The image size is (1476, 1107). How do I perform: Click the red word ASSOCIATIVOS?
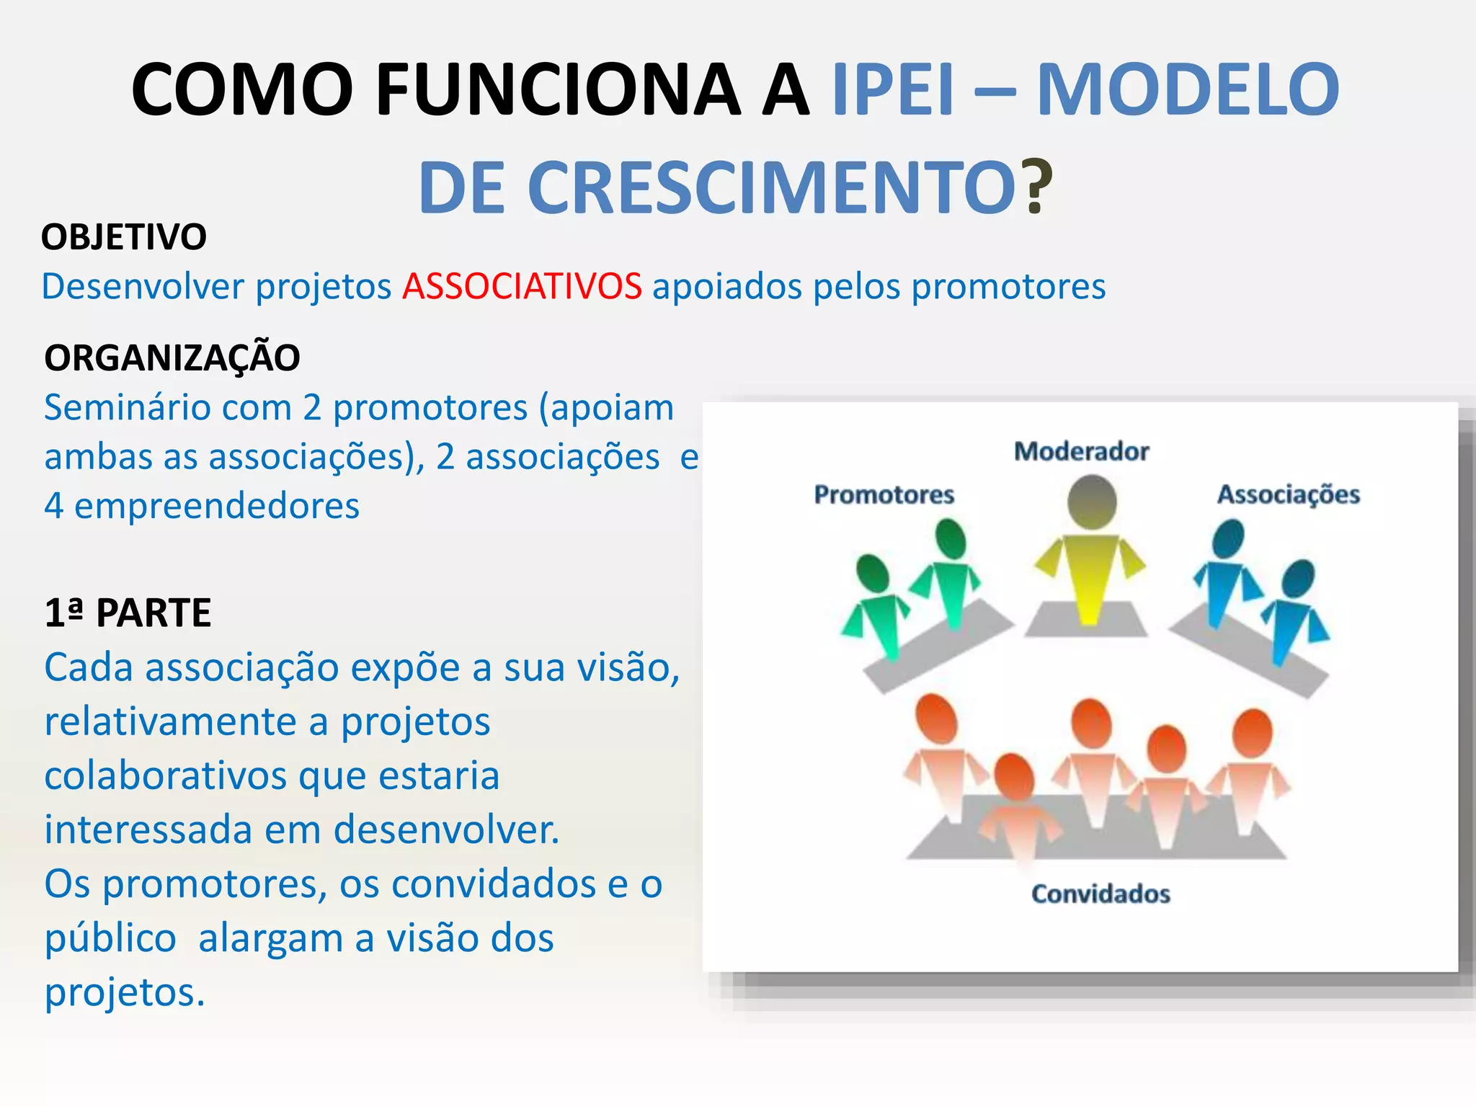coord(522,287)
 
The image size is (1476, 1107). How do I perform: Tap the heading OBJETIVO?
coord(124,237)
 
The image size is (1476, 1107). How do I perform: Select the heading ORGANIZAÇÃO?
coord(172,358)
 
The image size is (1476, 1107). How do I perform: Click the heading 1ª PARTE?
coord(128,613)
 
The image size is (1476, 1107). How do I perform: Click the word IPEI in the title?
coord(893,89)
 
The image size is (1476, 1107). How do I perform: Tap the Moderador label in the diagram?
coord(1081,452)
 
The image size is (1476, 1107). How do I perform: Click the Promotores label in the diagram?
coord(884,495)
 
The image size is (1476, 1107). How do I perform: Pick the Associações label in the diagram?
coord(1288,495)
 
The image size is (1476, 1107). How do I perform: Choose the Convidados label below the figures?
coord(1101,894)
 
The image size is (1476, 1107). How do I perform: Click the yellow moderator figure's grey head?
coord(1092,502)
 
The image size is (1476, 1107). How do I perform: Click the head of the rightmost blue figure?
coord(1298,579)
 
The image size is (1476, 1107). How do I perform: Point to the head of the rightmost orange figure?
coord(1253,733)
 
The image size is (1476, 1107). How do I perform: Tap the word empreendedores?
coord(217,506)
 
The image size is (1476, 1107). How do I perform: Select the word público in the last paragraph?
coord(110,939)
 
